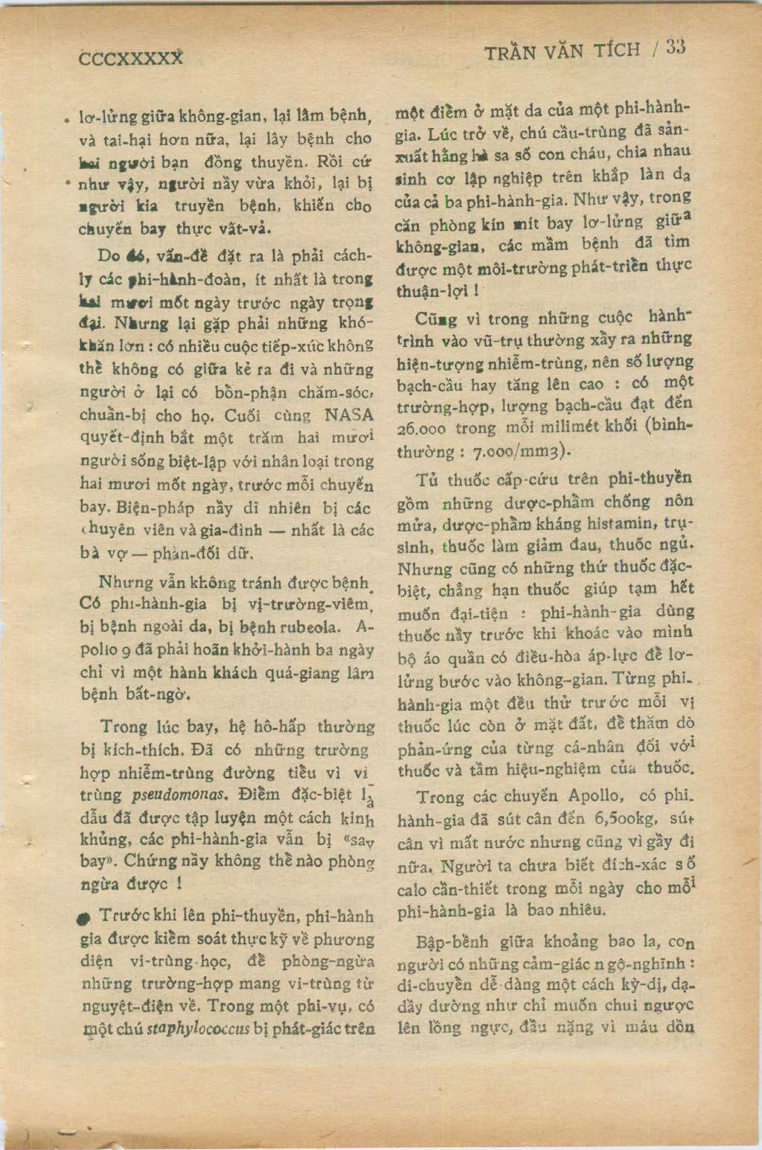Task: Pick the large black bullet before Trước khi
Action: click(x=86, y=919)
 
